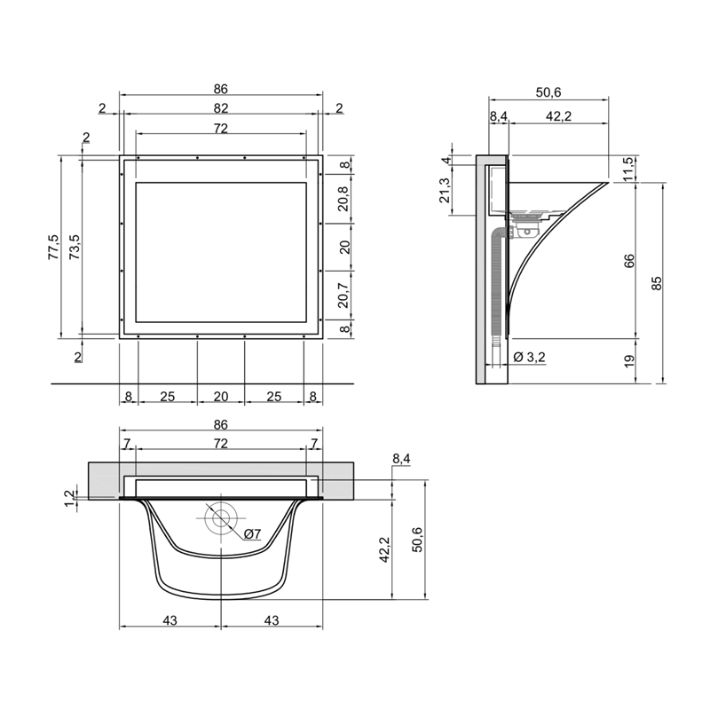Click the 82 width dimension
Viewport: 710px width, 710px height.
tap(220, 108)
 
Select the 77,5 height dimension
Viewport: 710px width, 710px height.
tap(53, 247)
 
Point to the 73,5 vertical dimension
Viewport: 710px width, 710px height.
tap(75, 247)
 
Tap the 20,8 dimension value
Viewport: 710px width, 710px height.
tap(344, 199)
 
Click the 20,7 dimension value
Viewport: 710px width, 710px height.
tap(344, 296)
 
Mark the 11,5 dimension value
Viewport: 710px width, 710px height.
tap(629, 169)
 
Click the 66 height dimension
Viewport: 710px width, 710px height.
tap(629, 261)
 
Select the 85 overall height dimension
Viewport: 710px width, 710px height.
tap(657, 283)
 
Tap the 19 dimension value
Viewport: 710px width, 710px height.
tap(629, 361)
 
